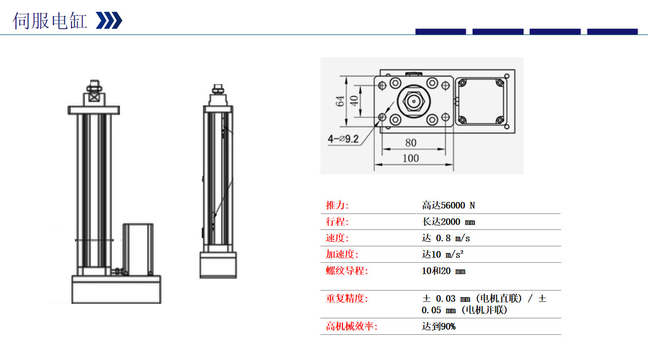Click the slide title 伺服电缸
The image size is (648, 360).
pyautogui.click(x=50, y=21)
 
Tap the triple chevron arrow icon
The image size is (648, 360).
pyautogui.click(x=109, y=21)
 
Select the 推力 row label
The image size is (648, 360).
pyautogui.click(x=337, y=206)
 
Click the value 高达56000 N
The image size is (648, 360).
pyautogui.click(x=448, y=206)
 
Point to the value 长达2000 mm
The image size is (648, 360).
pyautogui.click(x=448, y=222)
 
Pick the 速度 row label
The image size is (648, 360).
pyautogui.click(x=337, y=238)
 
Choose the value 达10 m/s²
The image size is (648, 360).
pyautogui.click(x=443, y=255)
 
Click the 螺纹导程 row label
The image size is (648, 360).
pyautogui.click(x=347, y=271)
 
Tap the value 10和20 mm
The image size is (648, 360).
pyautogui.click(x=443, y=271)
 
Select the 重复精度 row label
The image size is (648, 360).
pyautogui.click(x=347, y=298)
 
